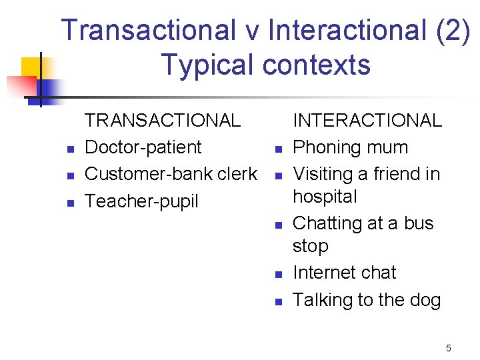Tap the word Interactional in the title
347,31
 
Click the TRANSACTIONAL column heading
163,121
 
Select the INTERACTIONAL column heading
367,121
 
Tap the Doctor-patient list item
143,147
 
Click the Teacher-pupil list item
141,201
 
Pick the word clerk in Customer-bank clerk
237,174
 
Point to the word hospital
325,197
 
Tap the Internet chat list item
344,273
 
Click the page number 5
449,348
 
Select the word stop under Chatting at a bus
310,246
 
